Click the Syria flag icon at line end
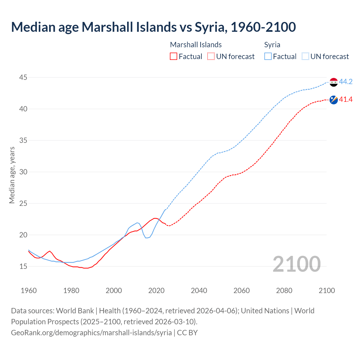[x=334, y=82]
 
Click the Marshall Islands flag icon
[x=334, y=100]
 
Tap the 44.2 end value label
[x=346, y=82]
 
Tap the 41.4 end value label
[x=346, y=99]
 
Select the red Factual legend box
[x=174, y=56]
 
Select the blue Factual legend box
[x=268, y=56]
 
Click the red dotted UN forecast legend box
[x=211, y=56]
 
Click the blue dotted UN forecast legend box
[x=305, y=56]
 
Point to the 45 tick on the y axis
[x=23, y=77]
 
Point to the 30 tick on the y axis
[x=23, y=172]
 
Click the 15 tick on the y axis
[x=23, y=266]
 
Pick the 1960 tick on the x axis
[x=29, y=291]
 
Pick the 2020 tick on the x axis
[x=156, y=291]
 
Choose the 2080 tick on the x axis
[x=284, y=291]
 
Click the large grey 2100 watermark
[x=296, y=264]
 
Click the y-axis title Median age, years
[x=12, y=175]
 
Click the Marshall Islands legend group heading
[x=196, y=45]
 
